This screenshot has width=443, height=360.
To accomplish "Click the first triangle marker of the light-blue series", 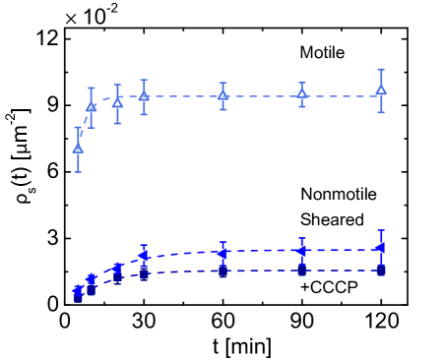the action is [x=78, y=148].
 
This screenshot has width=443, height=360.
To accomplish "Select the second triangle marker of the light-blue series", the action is [x=92, y=106].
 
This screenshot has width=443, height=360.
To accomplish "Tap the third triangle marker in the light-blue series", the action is [x=117, y=102].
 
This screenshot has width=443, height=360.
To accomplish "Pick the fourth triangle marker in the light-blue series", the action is [x=144, y=96].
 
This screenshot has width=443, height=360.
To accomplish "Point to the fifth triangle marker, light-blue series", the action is [x=222, y=95].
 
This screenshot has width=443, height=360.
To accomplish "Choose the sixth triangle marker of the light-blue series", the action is [x=302, y=93].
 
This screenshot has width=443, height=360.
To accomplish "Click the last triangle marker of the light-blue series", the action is [x=381, y=90].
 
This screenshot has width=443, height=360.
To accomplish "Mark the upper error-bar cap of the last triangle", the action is [x=381, y=70].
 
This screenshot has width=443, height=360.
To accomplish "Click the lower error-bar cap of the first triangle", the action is [x=78, y=172].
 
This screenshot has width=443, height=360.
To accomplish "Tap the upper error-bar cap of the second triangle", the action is [x=92, y=88].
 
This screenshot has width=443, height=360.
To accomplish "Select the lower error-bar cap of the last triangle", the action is [x=381, y=112].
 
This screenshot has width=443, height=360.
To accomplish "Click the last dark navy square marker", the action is [x=381, y=269].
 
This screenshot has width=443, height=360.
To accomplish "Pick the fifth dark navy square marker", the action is [x=222, y=270].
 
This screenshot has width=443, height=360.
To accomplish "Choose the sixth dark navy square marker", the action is [x=302, y=270].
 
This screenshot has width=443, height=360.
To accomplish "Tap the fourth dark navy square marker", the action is [x=144, y=274].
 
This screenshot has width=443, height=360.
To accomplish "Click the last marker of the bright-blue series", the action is [x=381, y=249].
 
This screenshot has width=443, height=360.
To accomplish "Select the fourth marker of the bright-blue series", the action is [x=144, y=256].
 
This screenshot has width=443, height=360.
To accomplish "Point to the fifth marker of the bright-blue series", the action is [x=222, y=253].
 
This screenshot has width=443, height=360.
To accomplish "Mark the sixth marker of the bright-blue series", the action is [x=302, y=251].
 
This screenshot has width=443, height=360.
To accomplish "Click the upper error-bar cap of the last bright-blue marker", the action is [x=381, y=231].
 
